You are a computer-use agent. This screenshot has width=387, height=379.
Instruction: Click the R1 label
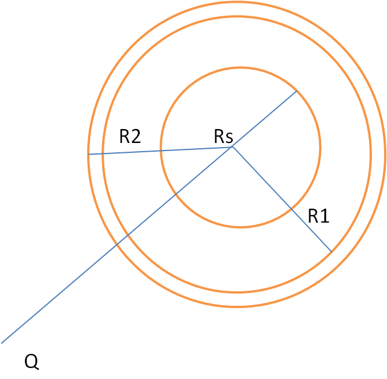(x=319, y=216)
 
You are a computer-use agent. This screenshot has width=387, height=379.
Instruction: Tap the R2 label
(x=130, y=137)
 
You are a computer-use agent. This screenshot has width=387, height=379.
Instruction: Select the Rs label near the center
(x=223, y=137)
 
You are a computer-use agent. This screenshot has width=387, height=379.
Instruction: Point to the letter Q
(x=32, y=362)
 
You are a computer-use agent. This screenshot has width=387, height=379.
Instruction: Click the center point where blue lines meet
(x=233, y=147)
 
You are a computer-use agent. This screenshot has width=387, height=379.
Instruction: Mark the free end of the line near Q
(x=2, y=343)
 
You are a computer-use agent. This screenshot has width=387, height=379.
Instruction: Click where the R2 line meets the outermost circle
(x=89, y=154)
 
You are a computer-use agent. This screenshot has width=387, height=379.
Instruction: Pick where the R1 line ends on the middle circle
(x=331, y=251)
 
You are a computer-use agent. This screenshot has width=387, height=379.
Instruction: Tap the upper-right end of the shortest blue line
(x=296, y=91)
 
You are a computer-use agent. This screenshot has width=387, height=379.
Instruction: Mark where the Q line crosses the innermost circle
(x=176, y=194)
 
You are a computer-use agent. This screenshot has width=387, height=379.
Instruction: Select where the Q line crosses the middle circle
(x=127, y=234)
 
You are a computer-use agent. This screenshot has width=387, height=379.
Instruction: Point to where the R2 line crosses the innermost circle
(x=161, y=151)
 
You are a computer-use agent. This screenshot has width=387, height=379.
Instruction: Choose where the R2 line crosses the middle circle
(x=103, y=153)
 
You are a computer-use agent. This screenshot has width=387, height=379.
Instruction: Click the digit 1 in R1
(x=325, y=216)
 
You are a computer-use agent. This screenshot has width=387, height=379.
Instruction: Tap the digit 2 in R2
(x=136, y=137)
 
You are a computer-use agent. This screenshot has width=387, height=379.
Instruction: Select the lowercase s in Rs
(x=230, y=139)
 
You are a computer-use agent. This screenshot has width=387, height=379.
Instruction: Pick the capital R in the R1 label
(x=314, y=216)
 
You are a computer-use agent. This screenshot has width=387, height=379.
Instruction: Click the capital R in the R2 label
(x=125, y=137)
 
